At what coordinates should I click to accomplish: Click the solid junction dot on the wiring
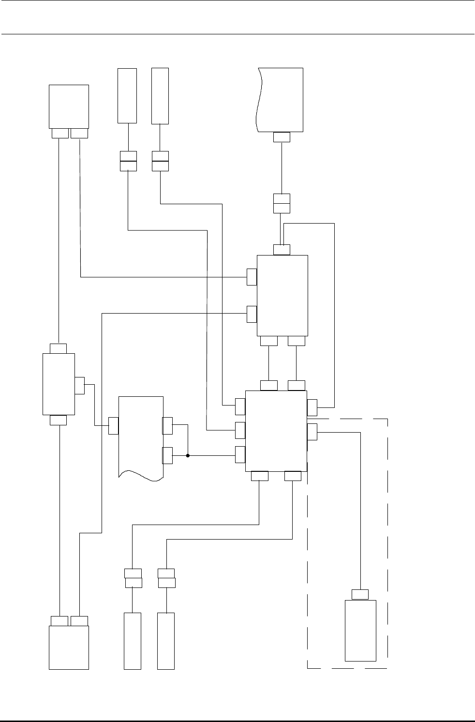coord(188,455)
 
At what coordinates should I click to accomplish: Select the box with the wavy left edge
coord(280,99)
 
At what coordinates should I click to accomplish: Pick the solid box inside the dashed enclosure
coord(360,630)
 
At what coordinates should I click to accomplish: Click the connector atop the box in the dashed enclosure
coord(360,594)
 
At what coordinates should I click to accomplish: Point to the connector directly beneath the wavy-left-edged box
coord(282,137)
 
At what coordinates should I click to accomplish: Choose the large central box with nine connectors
coord(276,430)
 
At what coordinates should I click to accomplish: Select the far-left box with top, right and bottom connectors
coord(59,384)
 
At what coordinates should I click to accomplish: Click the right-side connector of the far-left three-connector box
coord(80,385)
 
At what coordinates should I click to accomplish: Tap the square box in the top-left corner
coord(69,106)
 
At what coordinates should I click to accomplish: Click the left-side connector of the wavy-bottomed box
coord(113,425)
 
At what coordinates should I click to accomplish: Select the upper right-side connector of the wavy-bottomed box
coord(167,425)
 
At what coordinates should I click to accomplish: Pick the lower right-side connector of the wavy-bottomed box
coord(167,455)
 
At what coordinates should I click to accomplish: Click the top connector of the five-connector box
coord(282,249)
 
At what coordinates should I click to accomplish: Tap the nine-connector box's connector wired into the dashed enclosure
coord(312,432)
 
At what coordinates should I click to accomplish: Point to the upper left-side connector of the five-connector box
coord(252,277)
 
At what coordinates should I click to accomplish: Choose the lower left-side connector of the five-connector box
coord(252,314)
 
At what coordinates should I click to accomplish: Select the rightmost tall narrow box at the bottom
coord(166,641)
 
